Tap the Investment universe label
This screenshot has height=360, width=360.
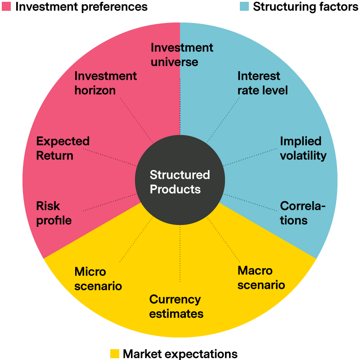point(181,54)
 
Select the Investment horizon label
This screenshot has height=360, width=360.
point(105,83)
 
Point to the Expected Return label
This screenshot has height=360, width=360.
point(63,148)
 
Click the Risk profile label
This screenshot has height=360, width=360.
point(54,213)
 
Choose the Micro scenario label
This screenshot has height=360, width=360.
point(98,279)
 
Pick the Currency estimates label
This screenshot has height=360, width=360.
point(176,306)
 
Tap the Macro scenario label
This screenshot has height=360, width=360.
point(261,278)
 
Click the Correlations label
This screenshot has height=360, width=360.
point(302,213)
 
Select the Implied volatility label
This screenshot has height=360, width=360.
point(303,148)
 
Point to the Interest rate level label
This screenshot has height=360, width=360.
point(262,83)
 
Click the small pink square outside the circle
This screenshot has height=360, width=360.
point(6,6)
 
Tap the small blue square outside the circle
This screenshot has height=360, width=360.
point(244,6)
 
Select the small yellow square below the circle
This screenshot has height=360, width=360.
point(115,353)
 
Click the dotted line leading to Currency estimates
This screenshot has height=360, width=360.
point(180,254)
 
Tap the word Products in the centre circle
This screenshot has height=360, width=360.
point(175,189)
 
